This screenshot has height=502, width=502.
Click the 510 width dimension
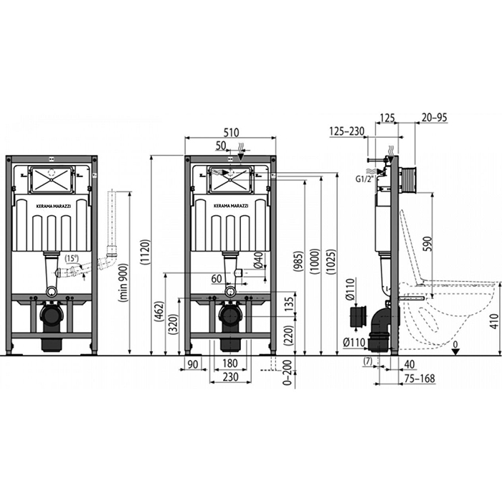coord(231,132)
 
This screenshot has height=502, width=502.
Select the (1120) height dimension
coord(145,252)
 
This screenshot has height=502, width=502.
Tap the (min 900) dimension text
coord(123,283)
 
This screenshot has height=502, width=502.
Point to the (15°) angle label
coord(72,258)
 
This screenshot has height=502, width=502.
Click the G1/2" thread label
coord(364,179)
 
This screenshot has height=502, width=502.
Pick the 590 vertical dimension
coord(427,244)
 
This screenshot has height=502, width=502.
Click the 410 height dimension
coord(495,321)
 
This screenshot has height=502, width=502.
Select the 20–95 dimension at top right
coord(434,118)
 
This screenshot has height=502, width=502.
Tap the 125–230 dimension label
coord(346,131)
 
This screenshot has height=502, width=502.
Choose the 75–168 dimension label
coord(420,378)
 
